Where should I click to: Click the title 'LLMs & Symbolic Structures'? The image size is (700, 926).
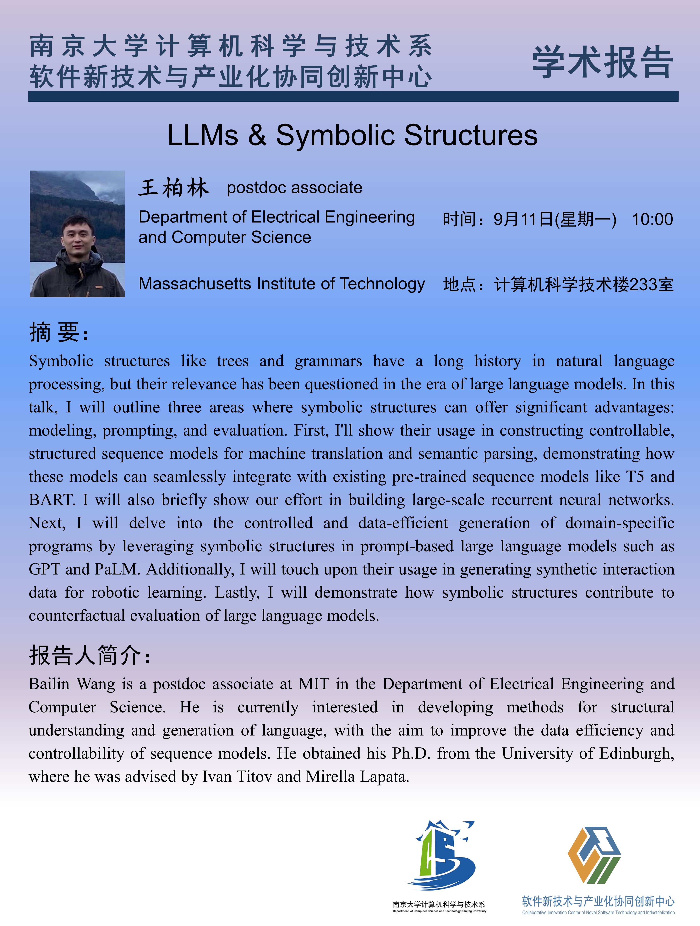coord(352,135)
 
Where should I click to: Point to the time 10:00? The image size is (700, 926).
coord(652,219)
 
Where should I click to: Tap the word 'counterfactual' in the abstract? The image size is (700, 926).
coord(77,616)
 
